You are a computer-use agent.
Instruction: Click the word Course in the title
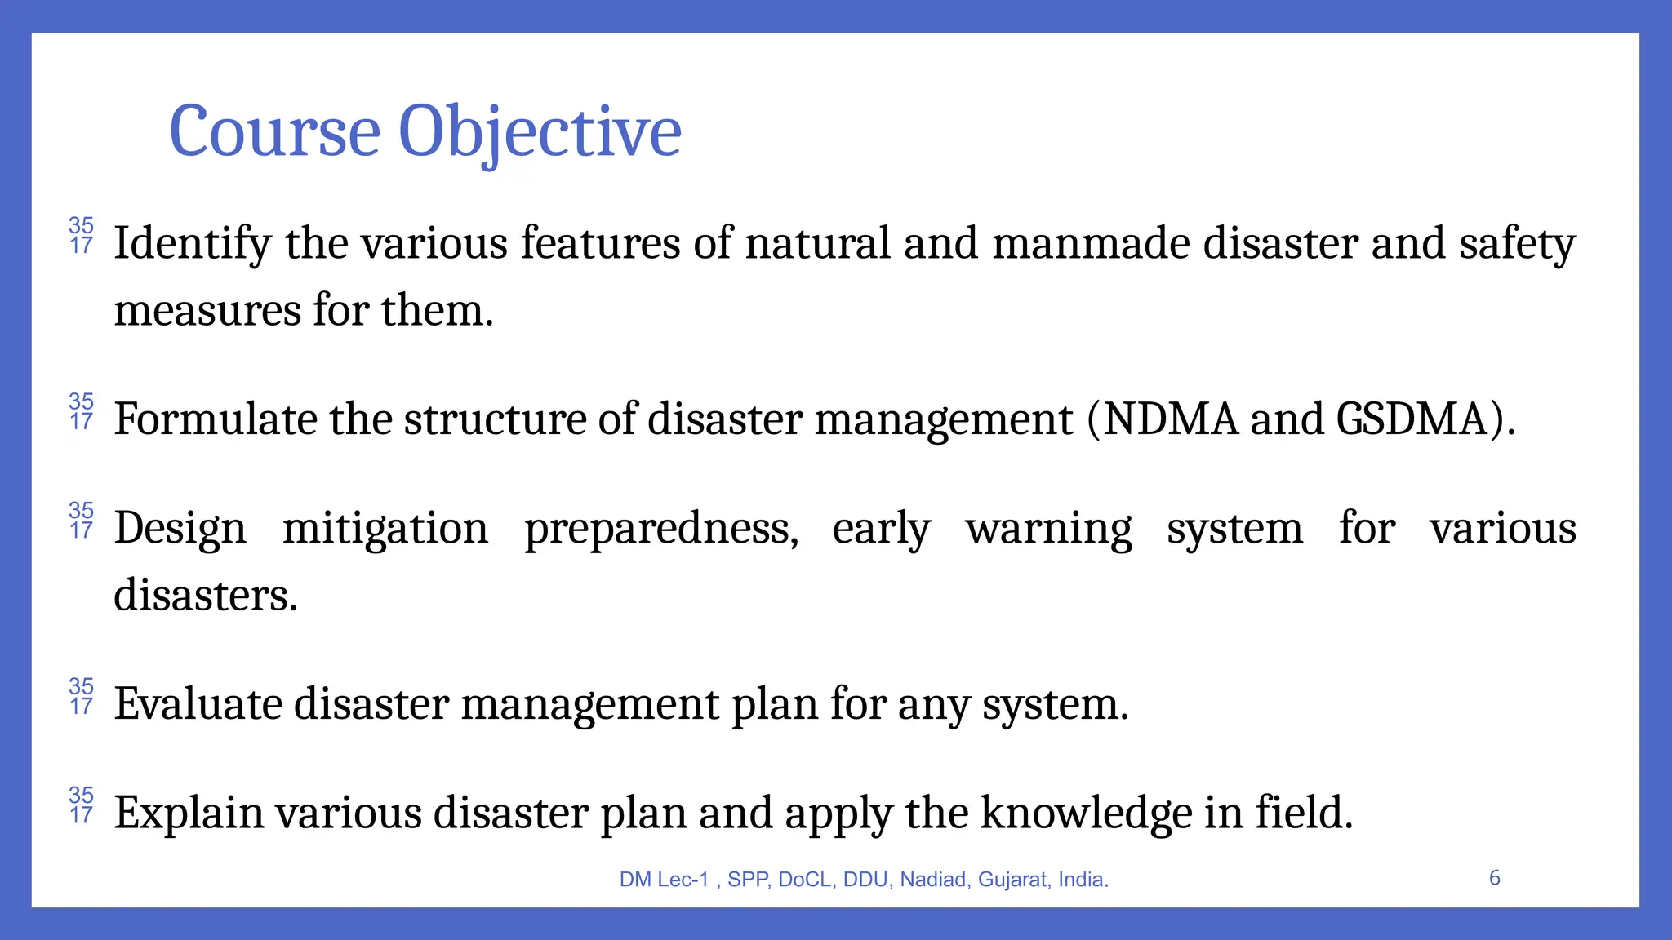click(x=274, y=132)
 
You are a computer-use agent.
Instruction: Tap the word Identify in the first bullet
click(x=192, y=244)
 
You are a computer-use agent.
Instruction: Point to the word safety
click(x=1517, y=244)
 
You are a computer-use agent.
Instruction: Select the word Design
click(x=180, y=529)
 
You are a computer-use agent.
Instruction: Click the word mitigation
click(x=385, y=529)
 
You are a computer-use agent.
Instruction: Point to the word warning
click(x=1048, y=529)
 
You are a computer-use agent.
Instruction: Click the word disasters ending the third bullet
click(x=205, y=596)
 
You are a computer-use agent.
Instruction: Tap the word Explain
click(x=188, y=813)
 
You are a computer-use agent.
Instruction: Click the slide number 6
click(x=1494, y=878)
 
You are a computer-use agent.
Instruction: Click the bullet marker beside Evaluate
click(x=81, y=696)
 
